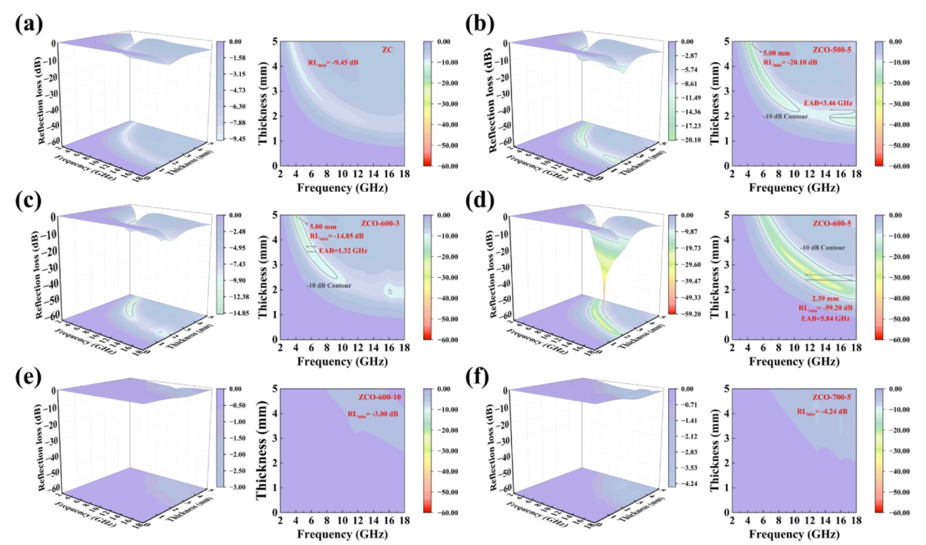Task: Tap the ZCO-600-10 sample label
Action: pyautogui.click(x=380, y=398)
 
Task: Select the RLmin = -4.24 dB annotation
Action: pyautogui.click(x=822, y=411)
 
